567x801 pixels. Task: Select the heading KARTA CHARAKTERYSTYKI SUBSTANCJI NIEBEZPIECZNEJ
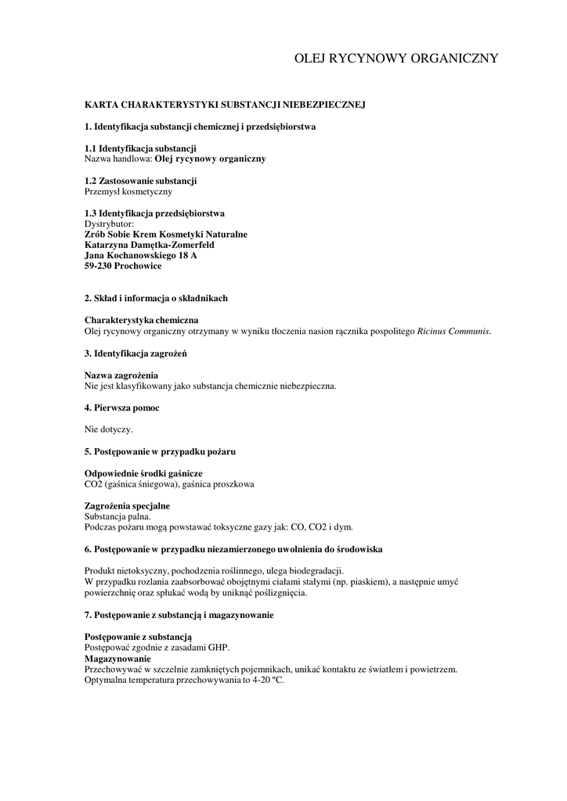[226, 103]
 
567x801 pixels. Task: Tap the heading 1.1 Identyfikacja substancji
[140, 149]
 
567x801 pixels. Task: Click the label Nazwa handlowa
[117, 158]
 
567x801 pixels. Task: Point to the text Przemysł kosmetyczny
[128, 191]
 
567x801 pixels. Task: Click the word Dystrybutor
[109, 224]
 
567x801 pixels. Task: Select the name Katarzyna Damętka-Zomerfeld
[149, 244]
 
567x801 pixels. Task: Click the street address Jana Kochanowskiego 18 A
[140, 255]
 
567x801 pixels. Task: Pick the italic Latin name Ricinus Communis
[454, 332]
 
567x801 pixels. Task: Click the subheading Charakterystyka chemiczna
[141, 321]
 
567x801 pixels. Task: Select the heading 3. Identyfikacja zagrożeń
[135, 354]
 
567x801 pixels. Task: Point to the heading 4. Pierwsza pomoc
[121, 408]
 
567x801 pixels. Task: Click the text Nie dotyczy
[108, 429]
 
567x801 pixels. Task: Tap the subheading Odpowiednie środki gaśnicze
[143, 474]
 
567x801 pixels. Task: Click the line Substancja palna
[117, 516]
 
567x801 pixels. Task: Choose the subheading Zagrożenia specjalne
[127, 506]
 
